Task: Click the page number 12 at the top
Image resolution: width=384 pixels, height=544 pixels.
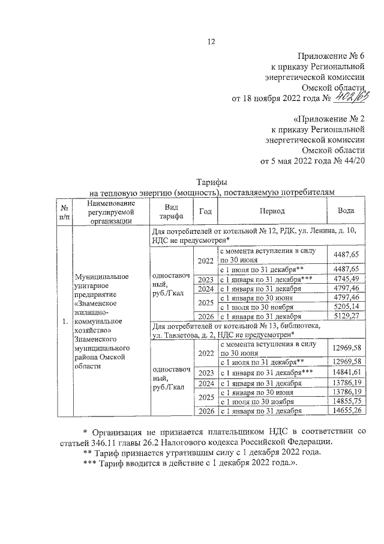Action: click(x=211, y=41)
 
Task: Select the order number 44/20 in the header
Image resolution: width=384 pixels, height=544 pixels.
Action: click(x=353, y=161)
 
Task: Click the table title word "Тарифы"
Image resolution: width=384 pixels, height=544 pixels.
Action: click(x=211, y=182)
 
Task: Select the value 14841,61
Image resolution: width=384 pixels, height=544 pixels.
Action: click(x=346, y=373)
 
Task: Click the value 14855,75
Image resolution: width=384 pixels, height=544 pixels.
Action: click(x=346, y=400)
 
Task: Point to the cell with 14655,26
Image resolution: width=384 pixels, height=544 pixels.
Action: click(x=346, y=410)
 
